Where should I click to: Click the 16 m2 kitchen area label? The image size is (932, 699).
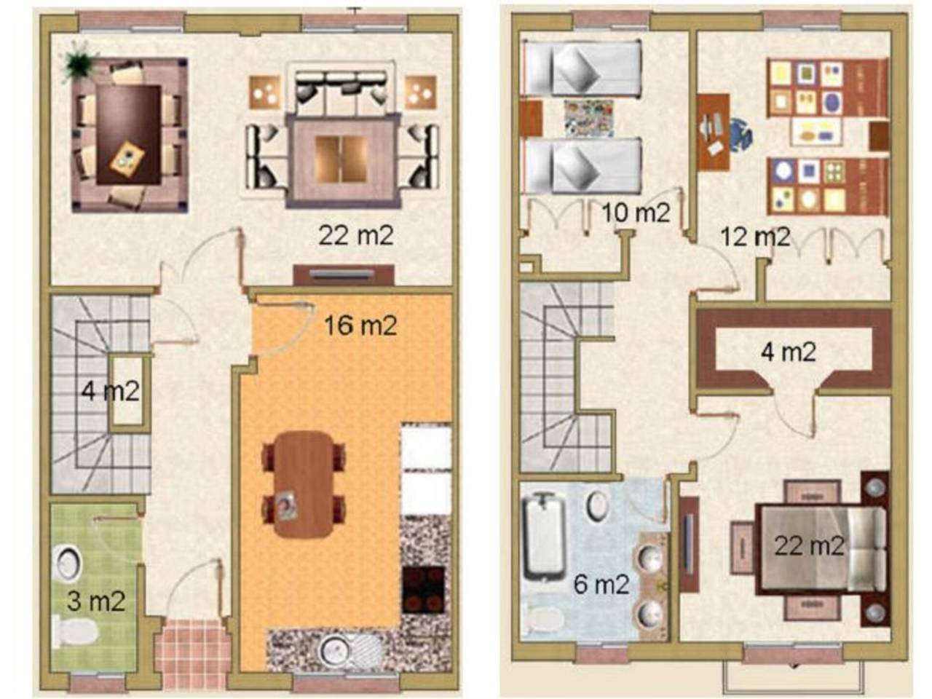(360, 326)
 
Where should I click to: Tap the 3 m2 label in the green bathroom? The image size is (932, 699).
(97, 601)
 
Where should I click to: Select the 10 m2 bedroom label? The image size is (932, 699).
(636, 213)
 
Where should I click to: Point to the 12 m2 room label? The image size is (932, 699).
(755, 237)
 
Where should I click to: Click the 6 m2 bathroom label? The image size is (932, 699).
(601, 585)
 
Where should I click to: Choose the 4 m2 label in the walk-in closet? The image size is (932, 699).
(788, 352)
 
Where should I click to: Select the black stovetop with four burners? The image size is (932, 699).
(423, 590)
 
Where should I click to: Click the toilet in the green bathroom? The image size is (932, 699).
(75, 632)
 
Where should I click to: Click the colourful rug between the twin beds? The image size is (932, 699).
(588, 118)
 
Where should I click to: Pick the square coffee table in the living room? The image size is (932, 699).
(341, 160)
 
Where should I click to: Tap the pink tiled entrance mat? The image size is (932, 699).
(190, 652)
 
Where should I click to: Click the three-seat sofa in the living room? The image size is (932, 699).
(341, 87)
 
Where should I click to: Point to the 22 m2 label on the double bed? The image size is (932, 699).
(808, 546)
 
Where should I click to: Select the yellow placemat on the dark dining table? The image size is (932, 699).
(127, 157)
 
